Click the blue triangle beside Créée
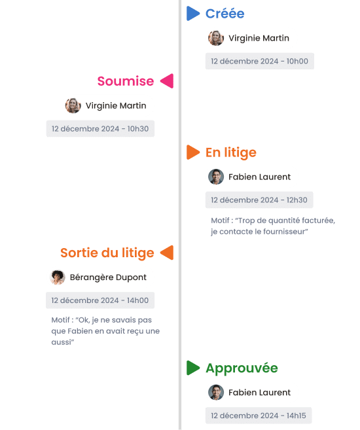pyautogui.click(x=192, y=14)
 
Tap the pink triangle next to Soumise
pyautogui.click(x=168, y=81)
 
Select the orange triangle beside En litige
pyautogui.click(x=192, y=152)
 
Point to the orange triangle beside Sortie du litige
pyautogui.click(x=168, y=253)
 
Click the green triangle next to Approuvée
pyautogui.click(x=192, y=368)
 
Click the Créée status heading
pyautogui.click(x=225, y=14)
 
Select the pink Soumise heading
pyautogui.click(x=126, y=81)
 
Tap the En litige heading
pyautogui.click(x=231, y=152)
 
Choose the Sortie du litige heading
pyautogui.click(x=107, y=253)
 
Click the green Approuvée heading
pyautogui.click(x=242, y=368)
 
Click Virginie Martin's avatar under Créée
pyautogui.click(x=216, y=38)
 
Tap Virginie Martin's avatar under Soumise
pyautogui.click(x=73, y=105)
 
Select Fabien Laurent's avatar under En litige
pyautogui.click(x=216, y=177)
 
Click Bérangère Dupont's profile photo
pyautogui.click(x=58, y=278)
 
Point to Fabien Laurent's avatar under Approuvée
pyautogui.click(x=216, y=392)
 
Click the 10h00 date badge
pyautogui.click(x=260, y=61)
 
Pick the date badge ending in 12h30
pyautogui.click(x=259, y=200)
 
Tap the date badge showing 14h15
pyautogui.click(x=259, y=416)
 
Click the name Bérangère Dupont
pyautogui.click(x=108, y=278)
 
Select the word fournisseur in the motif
pyautogui.click(x=285, y=232)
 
